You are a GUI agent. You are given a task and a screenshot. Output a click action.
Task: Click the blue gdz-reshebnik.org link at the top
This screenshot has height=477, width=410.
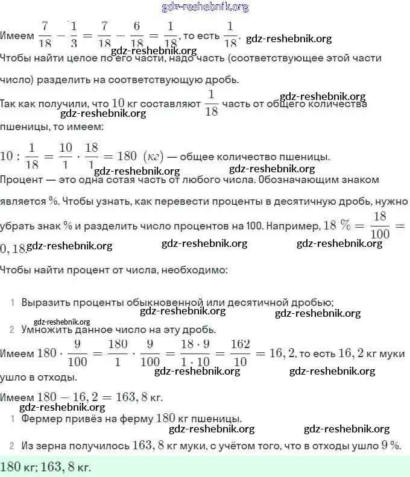click(x=205, y=7)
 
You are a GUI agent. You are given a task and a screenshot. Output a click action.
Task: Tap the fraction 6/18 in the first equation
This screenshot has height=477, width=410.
click(x=136, y=36)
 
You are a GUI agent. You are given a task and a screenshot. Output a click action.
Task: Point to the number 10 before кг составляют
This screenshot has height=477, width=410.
click(x=119, y=104)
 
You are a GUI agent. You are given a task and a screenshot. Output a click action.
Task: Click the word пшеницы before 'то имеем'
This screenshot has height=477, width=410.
click(x=25, y=127)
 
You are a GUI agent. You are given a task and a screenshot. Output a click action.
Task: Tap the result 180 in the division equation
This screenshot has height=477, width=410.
click(x=127, y=156)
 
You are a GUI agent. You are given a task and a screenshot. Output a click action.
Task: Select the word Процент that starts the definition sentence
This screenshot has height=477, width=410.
click(x=20, y=179)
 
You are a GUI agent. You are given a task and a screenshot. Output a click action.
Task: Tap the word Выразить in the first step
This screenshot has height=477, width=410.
click(x=43, y=302)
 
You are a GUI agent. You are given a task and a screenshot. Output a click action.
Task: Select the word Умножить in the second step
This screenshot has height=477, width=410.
click(x=44, y=330)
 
